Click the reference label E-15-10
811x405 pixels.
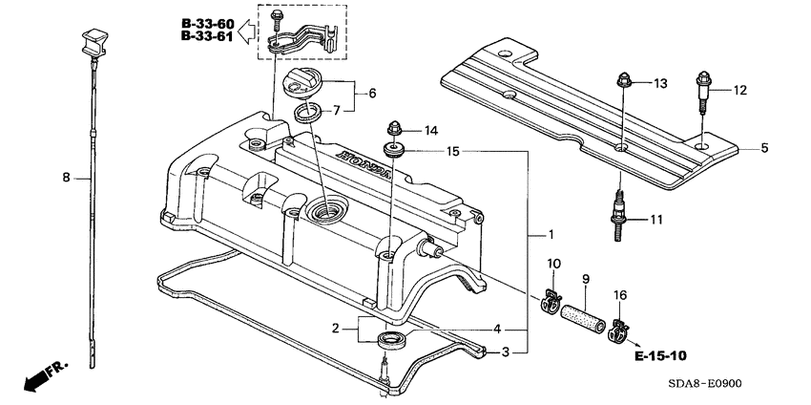click(x=659, y=355)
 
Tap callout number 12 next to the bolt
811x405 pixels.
click(x=739, y=91)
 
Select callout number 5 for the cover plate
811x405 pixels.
click(x=763, y=148)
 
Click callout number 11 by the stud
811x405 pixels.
click(x=655, y=220)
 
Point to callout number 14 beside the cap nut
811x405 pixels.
click(x=430, y=130)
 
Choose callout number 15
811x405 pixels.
click(x=453, y=151)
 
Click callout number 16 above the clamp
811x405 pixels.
click(x=621, y=295)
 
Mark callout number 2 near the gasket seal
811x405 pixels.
click(x=336, y=329)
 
